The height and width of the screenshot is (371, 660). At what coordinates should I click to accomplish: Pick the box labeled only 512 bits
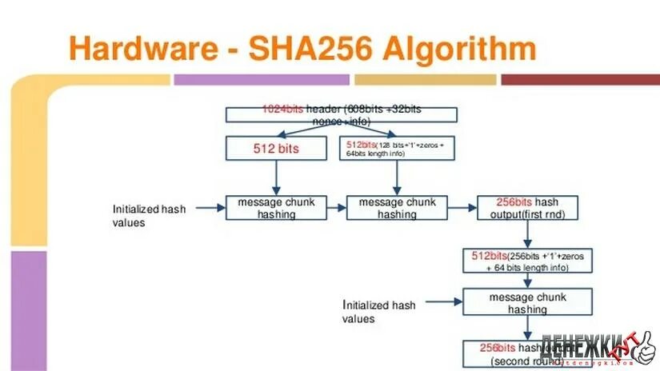click(276, 148)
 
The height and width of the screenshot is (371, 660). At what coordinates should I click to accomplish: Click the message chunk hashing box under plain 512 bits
click(277, 208)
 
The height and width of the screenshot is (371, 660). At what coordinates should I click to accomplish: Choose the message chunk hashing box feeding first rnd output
click(397, 208)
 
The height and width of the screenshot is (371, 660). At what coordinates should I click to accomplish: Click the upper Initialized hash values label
click(149, 215)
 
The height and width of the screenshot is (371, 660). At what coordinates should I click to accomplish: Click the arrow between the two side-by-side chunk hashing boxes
click(337, 208)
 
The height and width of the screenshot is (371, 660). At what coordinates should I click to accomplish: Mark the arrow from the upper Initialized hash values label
click(210, 209)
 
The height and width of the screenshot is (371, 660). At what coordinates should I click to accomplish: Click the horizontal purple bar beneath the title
click(262, 80)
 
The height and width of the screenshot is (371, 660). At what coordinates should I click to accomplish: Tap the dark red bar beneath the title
click(580, 80)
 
